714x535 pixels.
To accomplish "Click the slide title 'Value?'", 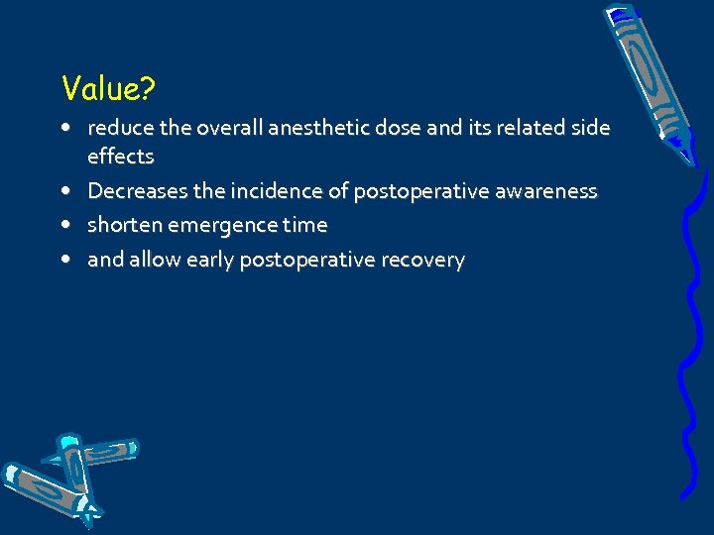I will tap(107, 89).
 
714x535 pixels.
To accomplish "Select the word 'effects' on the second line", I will tap(121, 157).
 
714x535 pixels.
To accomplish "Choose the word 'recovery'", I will tap(422, 260).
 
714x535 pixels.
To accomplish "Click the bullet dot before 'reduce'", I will tap(64, 128).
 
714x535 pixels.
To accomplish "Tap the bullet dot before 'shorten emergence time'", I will tap(64, 225).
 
